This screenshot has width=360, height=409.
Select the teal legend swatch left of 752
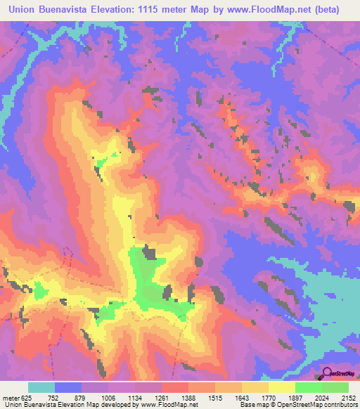pyautogui.click(x=41, y=387)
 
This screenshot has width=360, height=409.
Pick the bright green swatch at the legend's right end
pyautogui.click(x=335, y=387)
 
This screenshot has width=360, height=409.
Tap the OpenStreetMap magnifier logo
pyautogui.click(x=328, y=372)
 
